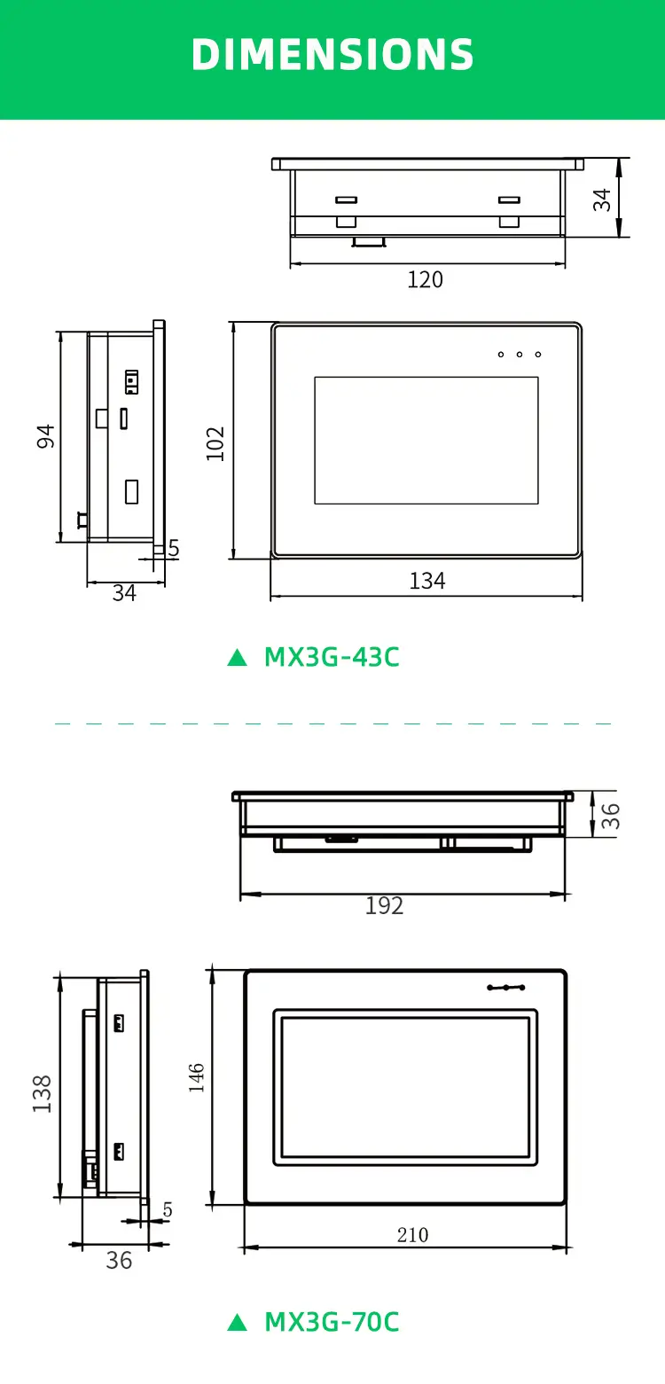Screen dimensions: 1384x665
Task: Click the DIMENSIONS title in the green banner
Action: (332, 55)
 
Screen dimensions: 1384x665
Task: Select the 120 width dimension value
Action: (425, 280)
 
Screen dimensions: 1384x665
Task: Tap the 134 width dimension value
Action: (426, 581)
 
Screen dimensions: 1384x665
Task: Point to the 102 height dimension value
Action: (215, 443)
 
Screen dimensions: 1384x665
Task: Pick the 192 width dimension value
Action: (384, 905)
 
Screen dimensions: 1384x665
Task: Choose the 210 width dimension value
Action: (412, 1235)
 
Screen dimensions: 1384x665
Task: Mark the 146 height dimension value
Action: (197, 1077)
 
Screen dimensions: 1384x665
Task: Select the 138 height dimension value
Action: (42, 1093)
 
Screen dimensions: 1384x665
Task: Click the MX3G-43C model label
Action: (332, 657)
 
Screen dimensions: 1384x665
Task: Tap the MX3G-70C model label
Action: (332, 1322)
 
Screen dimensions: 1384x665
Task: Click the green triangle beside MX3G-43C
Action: (237, 658)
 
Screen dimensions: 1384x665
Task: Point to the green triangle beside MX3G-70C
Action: (237, 1323)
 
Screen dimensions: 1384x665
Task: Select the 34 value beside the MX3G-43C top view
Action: (603, 199)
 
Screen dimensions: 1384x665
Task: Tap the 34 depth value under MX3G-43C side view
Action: (124, 593)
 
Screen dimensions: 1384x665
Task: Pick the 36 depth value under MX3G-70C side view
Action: (119, 1260)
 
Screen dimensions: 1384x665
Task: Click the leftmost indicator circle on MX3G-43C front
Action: (501, 355)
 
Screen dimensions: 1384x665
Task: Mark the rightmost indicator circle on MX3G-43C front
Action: (537, 355)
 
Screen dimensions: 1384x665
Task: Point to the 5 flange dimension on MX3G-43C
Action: (174, 549)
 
